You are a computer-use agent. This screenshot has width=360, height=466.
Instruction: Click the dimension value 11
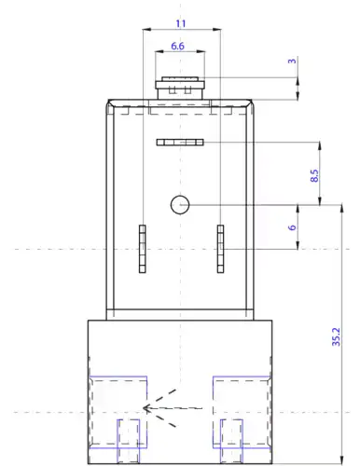pyautogui.click(x=181, y=23)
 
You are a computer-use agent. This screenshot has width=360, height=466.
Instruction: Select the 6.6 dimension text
pyautogui.click(x=177, y=46)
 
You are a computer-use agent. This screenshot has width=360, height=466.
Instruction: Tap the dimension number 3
pyautogui.click(x=292, y=61)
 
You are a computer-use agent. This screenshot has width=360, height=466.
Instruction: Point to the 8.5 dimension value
pyautogui.click(x=314, y=175)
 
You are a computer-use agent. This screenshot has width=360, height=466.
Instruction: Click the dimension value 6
pyautogui.click(x=292, y=227)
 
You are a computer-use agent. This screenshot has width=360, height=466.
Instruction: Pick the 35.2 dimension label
pyautogui.click(x=336, y=336)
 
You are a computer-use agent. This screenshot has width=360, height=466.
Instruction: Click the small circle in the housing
pyautogui.click(x=180, y=205)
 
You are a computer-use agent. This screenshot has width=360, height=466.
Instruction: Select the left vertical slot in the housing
pyautogui.click(x=143, y=249)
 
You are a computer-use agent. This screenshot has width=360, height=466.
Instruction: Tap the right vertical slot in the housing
pyautogui.click(x=220, y=249)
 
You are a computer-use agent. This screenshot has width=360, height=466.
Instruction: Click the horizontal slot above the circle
pyautogui.click(x=180, y=143)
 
